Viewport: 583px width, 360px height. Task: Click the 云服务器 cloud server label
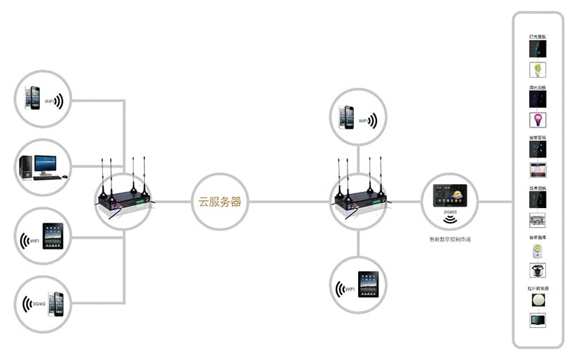click(220, 202)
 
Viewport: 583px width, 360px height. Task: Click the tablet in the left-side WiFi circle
click(53, 236)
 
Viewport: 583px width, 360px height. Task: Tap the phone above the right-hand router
click(346, 117)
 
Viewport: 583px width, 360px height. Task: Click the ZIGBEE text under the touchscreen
click(449, 209)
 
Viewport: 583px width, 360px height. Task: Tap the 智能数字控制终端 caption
click(450, 240)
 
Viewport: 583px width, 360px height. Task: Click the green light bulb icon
click(537, 70)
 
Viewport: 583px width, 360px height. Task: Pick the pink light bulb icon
click(537, 120)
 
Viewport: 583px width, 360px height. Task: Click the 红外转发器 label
click(537, 288)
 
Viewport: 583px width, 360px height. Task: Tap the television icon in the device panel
click(537, 320)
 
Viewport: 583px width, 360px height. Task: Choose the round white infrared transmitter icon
click(537, 300)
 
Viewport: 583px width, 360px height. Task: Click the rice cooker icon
click(537, 270)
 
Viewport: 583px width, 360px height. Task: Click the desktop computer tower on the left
click(25, 166)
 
